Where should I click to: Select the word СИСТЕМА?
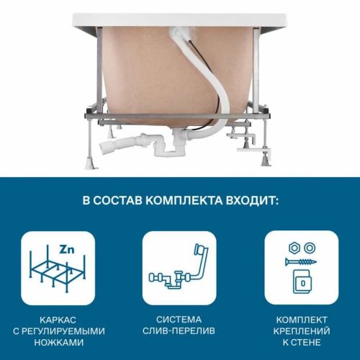pos(179,319)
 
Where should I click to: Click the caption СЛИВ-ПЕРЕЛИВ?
pos(179,330)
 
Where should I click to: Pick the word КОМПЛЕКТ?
pos(302,319)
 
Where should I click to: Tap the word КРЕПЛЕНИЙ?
pos(302,330)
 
